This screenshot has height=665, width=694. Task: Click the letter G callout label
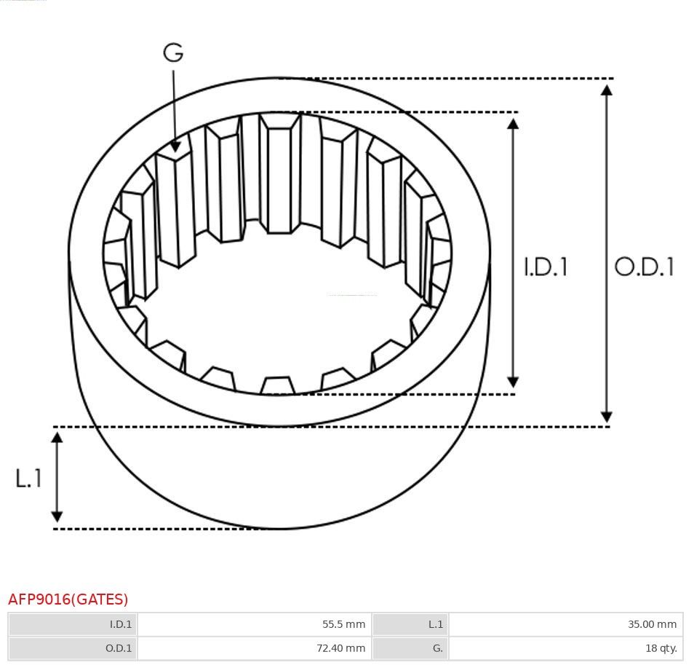[173, 52]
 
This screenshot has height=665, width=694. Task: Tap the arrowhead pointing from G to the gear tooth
[175, 146]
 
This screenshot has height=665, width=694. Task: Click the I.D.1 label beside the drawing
[546, 267]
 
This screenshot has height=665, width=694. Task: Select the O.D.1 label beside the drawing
[644, 267]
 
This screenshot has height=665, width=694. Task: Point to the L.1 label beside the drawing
[28, 479]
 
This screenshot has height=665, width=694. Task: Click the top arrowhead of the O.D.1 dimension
[607, 90]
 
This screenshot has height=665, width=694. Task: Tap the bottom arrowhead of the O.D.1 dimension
[607, 417]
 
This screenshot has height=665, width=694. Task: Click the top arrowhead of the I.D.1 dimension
[513, 124]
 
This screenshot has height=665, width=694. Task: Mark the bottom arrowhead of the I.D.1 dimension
[513, 382]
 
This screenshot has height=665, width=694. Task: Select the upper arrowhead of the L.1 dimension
[57, 438]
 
